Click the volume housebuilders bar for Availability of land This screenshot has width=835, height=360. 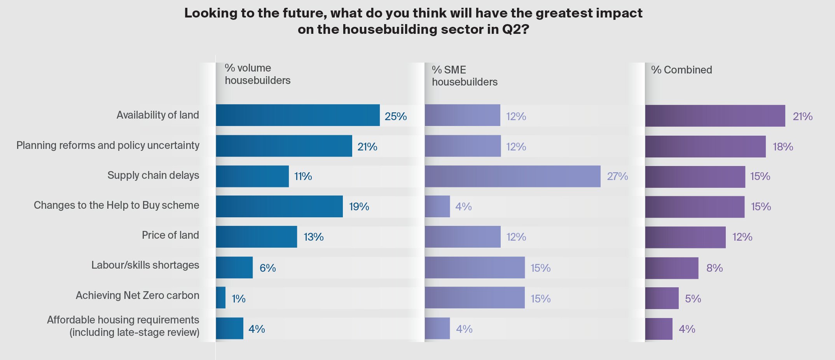[298, 115]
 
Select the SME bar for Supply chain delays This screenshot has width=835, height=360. [512, 176]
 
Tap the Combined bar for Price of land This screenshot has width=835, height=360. [685, 237]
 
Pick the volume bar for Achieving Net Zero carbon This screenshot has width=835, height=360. [221, 298]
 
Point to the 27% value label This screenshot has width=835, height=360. [617, 177]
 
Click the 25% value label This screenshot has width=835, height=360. [396, 116]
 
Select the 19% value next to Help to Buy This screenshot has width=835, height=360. [359, 206]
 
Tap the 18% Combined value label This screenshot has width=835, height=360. [783, 147]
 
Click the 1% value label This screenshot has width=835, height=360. [238, 299]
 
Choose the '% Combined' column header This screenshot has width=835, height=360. [681, 70]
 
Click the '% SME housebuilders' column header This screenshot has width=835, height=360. [465, 76]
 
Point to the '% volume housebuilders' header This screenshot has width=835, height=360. [257, 74]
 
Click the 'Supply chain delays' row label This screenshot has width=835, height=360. [153, 175]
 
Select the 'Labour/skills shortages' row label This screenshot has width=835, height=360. [145, 265]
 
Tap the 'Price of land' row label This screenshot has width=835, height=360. [170, 235]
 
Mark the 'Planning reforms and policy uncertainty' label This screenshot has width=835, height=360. [108, 145]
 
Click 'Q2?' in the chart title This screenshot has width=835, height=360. [515, 29]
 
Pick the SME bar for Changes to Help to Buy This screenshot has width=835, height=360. [437, 206]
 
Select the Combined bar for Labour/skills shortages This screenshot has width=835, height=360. [672, 268]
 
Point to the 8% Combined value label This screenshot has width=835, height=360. [714, 268]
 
